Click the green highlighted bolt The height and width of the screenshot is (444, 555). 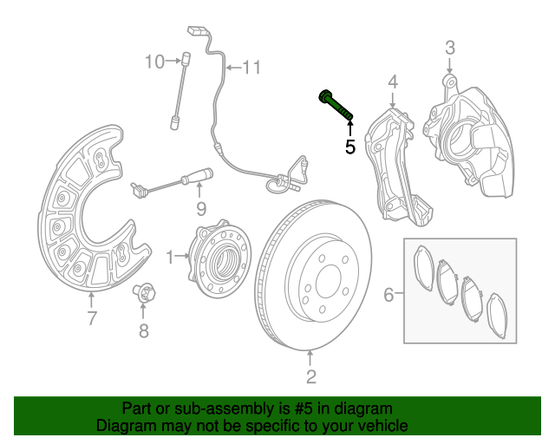(336, 106)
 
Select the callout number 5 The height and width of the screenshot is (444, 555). (350, 147)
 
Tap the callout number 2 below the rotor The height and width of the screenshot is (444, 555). (310, 376)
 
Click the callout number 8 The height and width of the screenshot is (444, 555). (144, 330)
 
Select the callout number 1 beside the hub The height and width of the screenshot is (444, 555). (170, 257)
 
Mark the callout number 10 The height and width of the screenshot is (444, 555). (153, 62)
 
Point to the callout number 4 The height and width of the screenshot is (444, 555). (392, 82)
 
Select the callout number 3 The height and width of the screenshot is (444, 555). (450, 47)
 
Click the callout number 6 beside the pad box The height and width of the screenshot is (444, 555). (388, 296)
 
